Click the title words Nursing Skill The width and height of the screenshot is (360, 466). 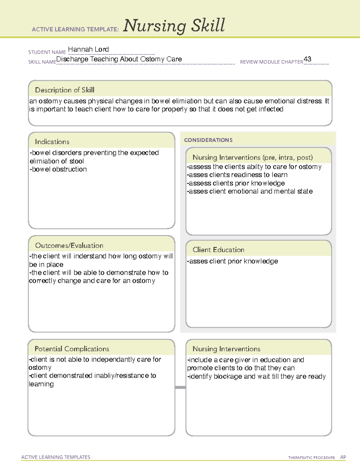coord(174,26)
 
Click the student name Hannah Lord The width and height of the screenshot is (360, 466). coord(88,49)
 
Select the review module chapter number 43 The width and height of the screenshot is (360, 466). coord(307,59)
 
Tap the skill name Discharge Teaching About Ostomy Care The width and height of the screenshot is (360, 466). coord(119,59)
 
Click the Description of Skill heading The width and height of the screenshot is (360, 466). coord(64,90)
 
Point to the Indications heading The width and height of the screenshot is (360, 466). coord(52,142)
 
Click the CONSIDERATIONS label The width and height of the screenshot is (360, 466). coord(208,140)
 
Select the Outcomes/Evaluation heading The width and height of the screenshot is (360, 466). coord(69,245)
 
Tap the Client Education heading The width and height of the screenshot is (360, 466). coord(218,250)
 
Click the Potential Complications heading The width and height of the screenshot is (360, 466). coord(72,349)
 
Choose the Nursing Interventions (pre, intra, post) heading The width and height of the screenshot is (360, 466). coord(252,157)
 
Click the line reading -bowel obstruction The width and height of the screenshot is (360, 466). coord(58,169)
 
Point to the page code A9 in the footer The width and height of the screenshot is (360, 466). coord(343,457)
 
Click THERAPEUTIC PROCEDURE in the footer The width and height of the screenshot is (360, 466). coord(311,458)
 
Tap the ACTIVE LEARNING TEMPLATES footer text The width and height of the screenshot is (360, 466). coord(55,457)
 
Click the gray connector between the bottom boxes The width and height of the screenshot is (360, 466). coord(180,387)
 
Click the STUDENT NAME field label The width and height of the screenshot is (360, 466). coord(47,52)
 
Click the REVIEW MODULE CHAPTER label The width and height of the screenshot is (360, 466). coord(271,62)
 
